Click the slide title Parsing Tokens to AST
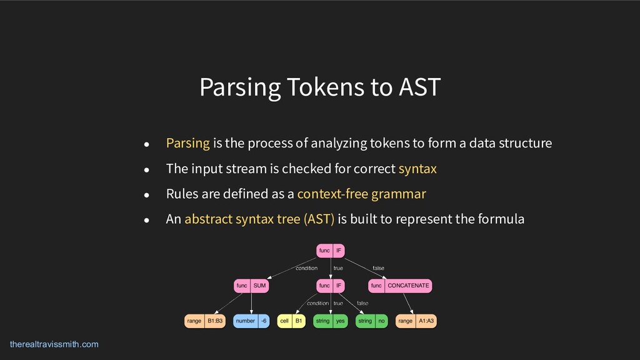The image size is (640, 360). coord(320,87)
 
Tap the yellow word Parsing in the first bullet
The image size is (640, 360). coord(187,143)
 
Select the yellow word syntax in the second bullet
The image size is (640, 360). coord(417,169)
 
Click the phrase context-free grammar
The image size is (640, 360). coord(361,194)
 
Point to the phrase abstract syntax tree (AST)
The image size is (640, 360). coord(259,219)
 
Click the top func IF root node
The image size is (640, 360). coord(331,251)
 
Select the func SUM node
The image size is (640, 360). coord(251,286)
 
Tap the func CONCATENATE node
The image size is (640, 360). coord(400,286)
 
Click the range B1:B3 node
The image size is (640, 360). coord(204,321)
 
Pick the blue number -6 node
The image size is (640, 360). coord(251,321)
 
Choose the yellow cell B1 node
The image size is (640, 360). coord(291,321)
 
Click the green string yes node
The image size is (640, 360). coord(330,321)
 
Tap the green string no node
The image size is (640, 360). coord(372,321)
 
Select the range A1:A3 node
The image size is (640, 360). coord(416,321)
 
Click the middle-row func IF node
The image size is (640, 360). coord(331,286)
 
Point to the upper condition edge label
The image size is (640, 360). coord(306,268)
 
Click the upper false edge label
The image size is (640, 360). coord(378,268)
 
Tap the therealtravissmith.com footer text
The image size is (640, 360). coord(54,344)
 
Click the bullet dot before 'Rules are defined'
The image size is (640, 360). coord(147,194)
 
